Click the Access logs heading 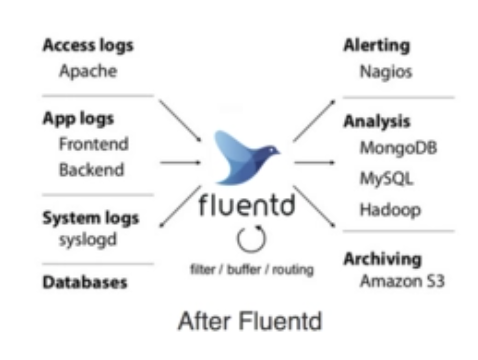pos(88,46)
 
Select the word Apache pos(88,71)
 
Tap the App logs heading pos(78,119)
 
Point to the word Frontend pos(94,144)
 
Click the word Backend pos(91,169)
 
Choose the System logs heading pos(91,218)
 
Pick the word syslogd pos(88,240)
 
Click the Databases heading pos(85,282)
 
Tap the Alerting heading pos(377,46)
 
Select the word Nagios pos(386,72)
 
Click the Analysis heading pos(377,122)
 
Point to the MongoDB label pos(398,148)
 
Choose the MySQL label pos(387,178)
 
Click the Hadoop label pos(390,210)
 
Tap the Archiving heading pos(383,259)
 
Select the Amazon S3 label pos(402,281)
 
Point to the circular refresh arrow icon pos(251,238)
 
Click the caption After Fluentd pos(250,321)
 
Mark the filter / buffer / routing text pos(252,269)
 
